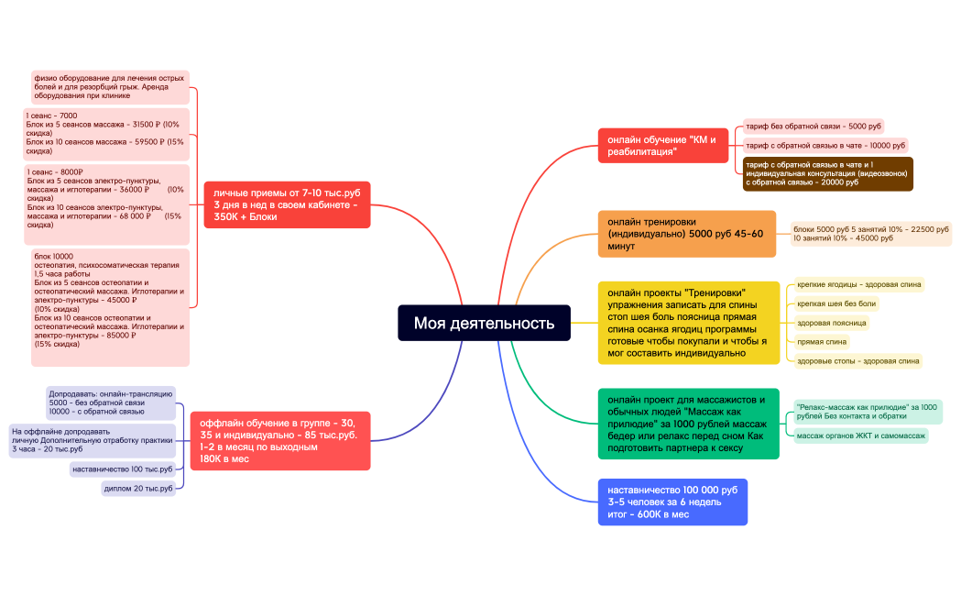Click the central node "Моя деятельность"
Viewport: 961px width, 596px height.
tap(485, 323)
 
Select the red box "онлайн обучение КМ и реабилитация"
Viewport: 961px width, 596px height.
tap(663, 145)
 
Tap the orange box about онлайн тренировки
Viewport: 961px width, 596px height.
tap(687, 234)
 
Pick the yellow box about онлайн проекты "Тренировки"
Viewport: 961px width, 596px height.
tap(689, 323)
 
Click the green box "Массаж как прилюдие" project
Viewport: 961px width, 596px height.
tap(689, 424)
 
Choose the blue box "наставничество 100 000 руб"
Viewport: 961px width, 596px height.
tap(673, 502)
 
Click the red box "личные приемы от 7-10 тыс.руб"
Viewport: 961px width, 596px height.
tap(287, 204)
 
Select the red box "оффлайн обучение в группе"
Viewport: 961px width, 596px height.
tap(280, 441)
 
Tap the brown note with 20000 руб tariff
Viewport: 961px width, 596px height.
tap(828, 173)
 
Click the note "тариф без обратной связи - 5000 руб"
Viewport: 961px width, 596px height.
tap(814, 127)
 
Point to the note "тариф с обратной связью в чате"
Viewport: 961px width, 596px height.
tap(825, 145)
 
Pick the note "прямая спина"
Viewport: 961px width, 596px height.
tap(822, 342)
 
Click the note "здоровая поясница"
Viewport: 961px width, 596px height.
tap(832, 323)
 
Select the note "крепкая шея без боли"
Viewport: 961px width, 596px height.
tap(836, 304)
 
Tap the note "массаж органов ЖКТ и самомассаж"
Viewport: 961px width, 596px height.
tap(861, 436)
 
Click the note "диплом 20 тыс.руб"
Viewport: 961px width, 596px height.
tap(138, 489)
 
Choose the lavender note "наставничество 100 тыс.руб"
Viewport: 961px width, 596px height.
tap(123, 469)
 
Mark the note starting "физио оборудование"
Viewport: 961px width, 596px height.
tap(110, 87)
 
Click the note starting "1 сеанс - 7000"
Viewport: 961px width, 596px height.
tap(106, 134)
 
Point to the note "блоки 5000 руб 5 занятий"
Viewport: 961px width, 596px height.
tap(871, 234)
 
